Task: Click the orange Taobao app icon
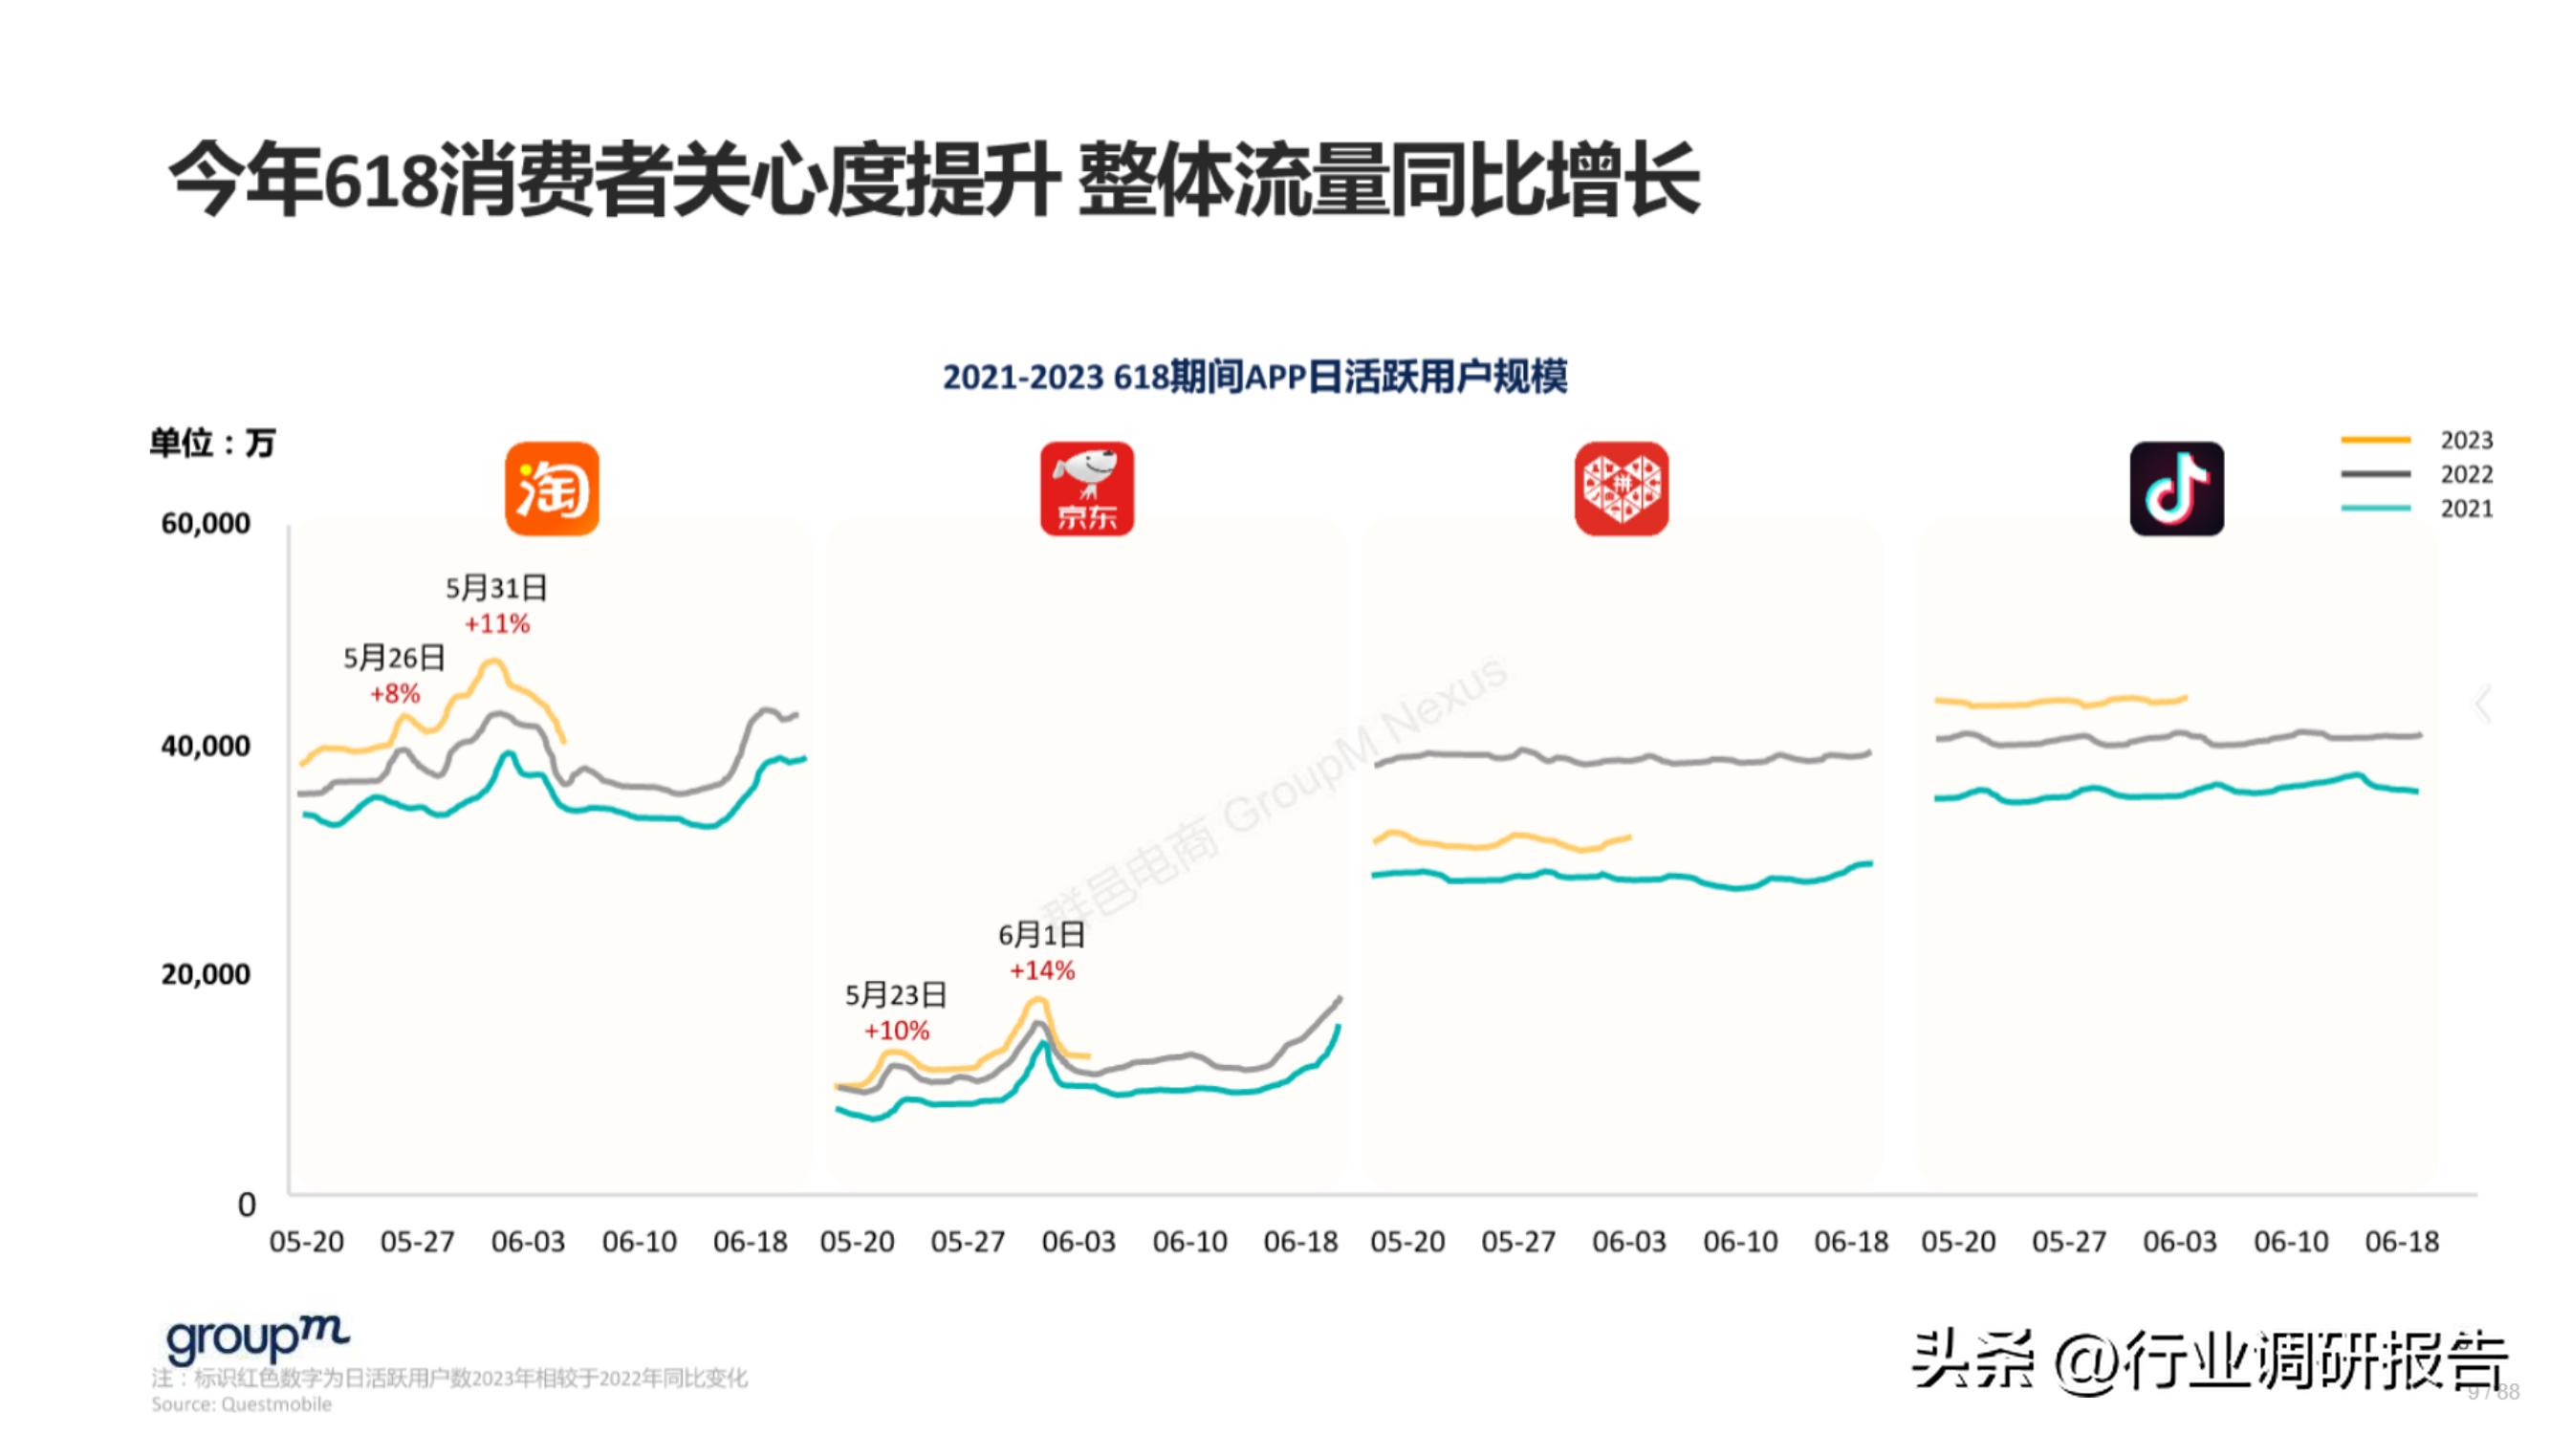pyautogui.click(x=552, y=489)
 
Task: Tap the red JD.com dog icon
pyautogui.click(x=1086, y=489)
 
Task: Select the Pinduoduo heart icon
pyautogui.click(x=1621, y=489)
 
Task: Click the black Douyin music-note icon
pyautogui.click(x=2176, y=489)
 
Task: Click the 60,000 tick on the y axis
pyautogui.click(x=206, y=524)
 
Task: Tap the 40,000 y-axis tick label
pyautogui.click(x=206, y=747)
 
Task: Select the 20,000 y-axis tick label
pyautogui.click(x=206, y=975)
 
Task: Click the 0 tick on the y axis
pyautogui.click(x=247, y=1205)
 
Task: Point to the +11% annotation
pyautogui.click(x=497, y=624)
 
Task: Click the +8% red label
pyautogui.click(x=395, y=694)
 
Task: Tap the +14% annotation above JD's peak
pyautogui.click(x=1041, y=971)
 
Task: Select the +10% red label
pyautogui.click(x=896, y=1032)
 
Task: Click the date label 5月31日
pyautogui.click(x=496, y=589)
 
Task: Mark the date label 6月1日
pyautogui.click(x=1041, y=935)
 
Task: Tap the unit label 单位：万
pyautogui.click(x=212, y=443)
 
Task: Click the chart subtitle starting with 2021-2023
pyautogui.click(x=1254, y=377)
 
